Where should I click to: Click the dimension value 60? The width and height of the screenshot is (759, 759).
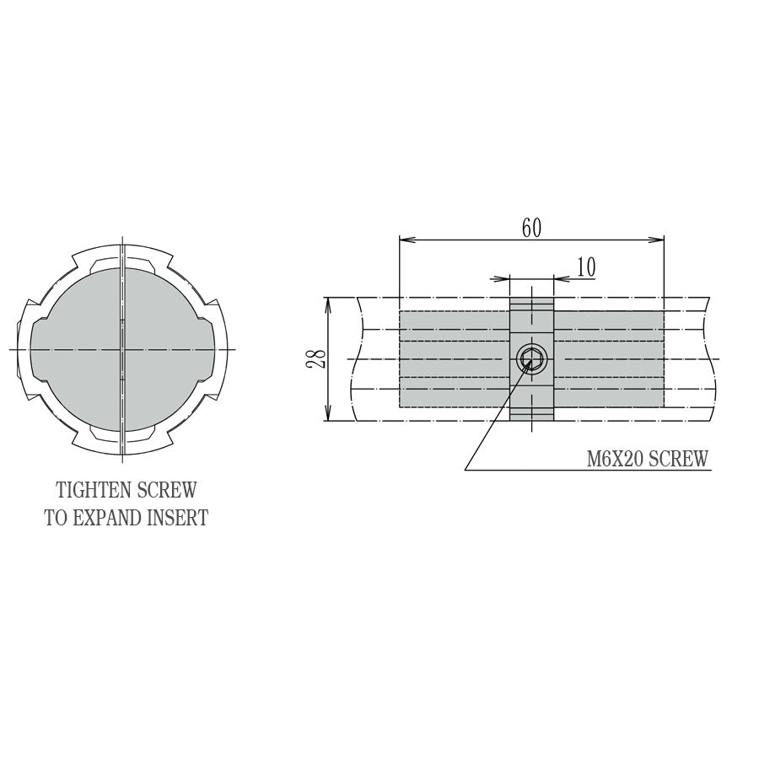click(531, 228)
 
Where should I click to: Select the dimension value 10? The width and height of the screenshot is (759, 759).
click(586, 266)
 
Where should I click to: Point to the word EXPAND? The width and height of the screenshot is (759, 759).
click(108, 518)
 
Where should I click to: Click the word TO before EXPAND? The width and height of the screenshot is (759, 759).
click(56, 518)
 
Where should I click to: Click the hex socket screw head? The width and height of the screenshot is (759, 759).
click(531, 360)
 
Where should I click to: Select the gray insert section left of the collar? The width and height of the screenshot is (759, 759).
click(454, 360)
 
